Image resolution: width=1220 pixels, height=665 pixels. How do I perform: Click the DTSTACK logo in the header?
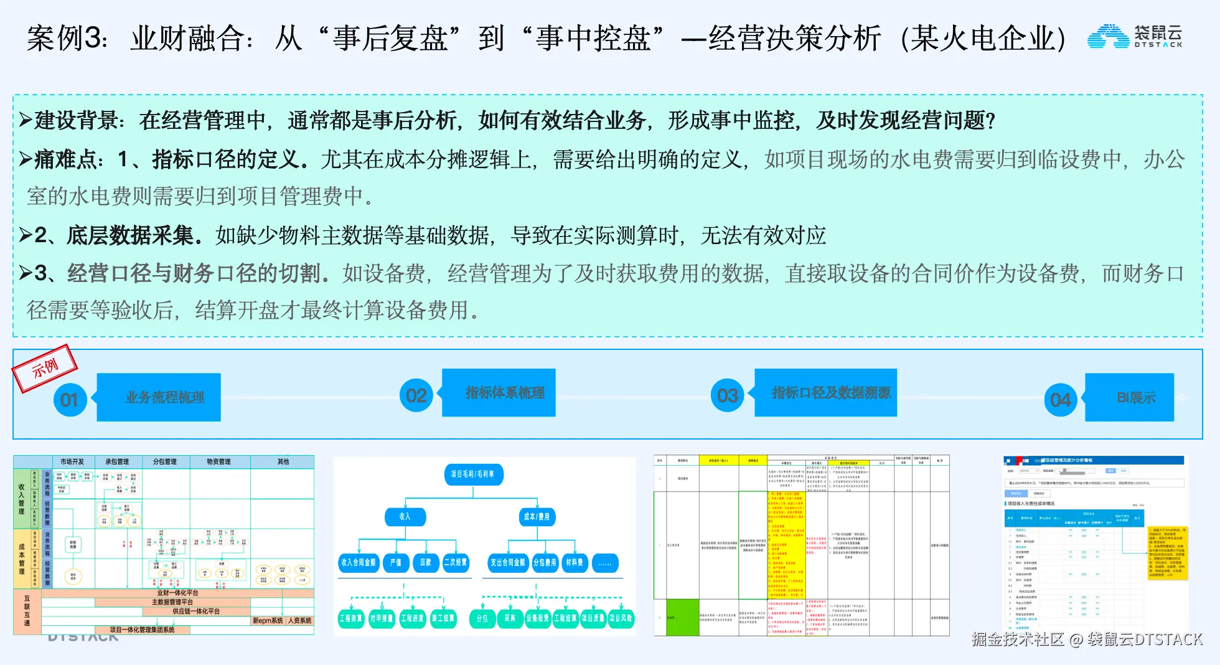click(1134, 36)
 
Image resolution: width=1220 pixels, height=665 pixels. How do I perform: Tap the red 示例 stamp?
click(45, 367)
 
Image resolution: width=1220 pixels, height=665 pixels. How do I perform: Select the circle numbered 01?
click(70, 400)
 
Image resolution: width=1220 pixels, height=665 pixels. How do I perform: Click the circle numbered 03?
click(727, 395)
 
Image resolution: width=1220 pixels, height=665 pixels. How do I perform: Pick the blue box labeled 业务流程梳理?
click(164, 397)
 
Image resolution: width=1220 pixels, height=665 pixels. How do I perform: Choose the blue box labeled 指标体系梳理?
click(504, 392)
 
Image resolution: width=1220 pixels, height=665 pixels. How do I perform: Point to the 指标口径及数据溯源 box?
click(830, 392)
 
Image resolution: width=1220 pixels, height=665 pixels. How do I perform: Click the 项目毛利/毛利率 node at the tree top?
click(473, 474)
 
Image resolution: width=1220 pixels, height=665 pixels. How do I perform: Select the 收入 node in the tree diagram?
click(405, 517)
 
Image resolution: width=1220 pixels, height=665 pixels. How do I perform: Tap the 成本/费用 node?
click(537, 517)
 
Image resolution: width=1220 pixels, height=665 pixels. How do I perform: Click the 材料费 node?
click(574, 563)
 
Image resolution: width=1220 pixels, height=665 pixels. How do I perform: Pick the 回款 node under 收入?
click(426, 563)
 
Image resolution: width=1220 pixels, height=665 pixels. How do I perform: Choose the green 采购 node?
click(510, 618)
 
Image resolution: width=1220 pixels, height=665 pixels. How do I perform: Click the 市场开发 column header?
click(72, 461)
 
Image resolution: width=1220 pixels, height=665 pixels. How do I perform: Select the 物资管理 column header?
click(218, 461)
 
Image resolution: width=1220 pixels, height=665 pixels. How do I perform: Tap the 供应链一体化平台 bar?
click(196, 611)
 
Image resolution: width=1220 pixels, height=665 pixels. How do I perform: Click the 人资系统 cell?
click(299, 621)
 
